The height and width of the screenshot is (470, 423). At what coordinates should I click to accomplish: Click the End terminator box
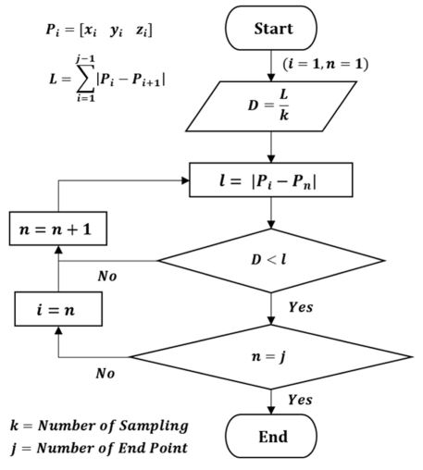(x=270, y=435)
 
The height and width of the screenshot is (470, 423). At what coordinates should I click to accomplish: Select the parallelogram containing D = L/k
(x=271, y=108)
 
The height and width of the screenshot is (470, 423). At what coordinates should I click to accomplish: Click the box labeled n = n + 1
(x=56, y=228)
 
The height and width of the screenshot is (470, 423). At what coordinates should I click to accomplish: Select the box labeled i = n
(x=56, y=308)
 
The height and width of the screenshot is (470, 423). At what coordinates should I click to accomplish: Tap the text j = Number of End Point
(x=98, y=448)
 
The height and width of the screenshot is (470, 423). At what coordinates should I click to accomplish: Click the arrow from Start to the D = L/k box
(x=271, y=66)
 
